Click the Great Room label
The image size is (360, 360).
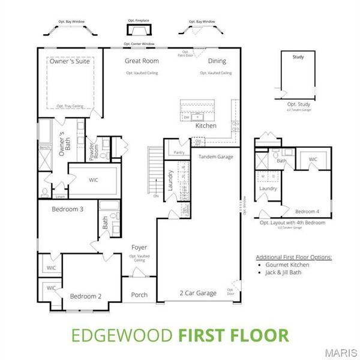pos(141,61)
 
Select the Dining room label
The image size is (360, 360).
pos(217,61)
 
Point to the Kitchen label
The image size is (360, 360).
pos(206,126)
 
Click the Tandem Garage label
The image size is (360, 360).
pos(215,156)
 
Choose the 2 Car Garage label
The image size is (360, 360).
pos(198,293)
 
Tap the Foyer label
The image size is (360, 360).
pos(139,247)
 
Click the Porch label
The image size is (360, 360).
pos(140,295)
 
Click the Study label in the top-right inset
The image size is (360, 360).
pos(298,58)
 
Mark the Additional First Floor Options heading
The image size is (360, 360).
pos(293,256)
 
